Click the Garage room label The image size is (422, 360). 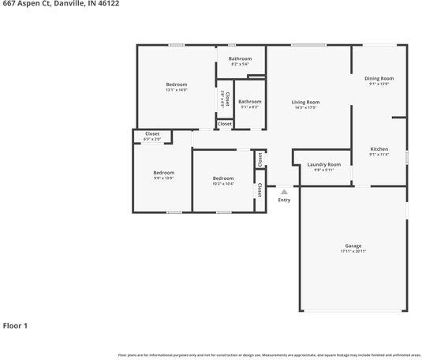click(x=353, y=246)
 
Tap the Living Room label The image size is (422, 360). click(x=305, y=102)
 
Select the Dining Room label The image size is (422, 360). click(x=379, y=78)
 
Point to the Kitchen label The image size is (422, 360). click(x=379, y=148)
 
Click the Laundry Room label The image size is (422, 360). click(x=323, y=164)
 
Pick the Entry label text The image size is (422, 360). click(x=284, y=200)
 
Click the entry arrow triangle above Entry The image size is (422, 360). click(x=284, y=191)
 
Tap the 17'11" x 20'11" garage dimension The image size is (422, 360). click(x=353, y=252)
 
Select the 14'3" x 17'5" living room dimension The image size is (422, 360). click(x=305, y=107)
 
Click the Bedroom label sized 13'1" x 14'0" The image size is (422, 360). click(x=177, y=84)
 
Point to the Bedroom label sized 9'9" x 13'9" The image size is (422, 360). click(x=163, y=172)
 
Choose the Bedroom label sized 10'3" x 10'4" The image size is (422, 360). click(x=223, y=178)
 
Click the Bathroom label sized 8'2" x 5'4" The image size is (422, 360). click(x=240, y=58)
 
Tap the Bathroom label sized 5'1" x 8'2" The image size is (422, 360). click(x=250, y=101)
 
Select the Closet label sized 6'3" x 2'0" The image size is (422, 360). click(x=152, y=133)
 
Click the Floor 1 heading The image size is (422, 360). click(x=16, y=325)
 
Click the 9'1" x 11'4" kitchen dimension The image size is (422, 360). click(x=379, y=154)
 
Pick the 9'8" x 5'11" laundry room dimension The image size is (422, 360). click(x=323, y=170)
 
